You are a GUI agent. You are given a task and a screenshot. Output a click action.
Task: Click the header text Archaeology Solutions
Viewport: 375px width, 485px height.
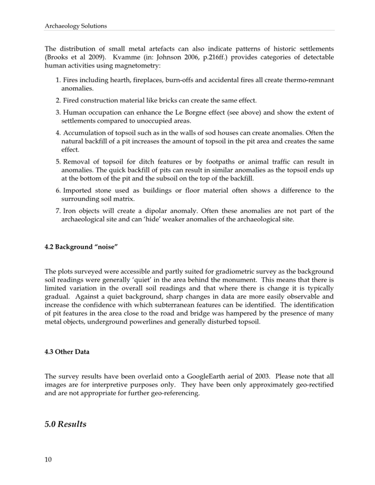pyautogui.click(x=76, y=26)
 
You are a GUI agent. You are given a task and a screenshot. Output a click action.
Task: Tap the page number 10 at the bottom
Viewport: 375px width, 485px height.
pyautogui.click(x=48, y=459)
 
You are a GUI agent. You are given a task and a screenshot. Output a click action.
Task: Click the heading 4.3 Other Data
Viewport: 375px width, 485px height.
pyautogui.click(x=67, y=353)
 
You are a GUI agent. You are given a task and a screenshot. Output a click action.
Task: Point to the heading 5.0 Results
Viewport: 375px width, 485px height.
pyautogui.click(x=66, y=424)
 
